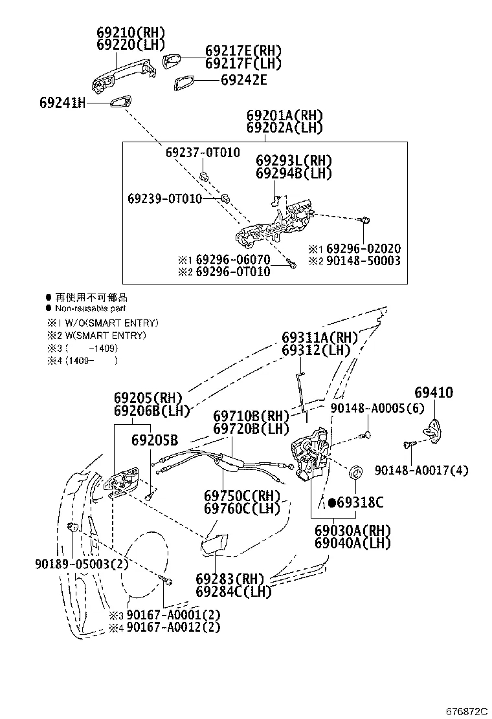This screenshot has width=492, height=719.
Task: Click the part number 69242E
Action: [x=243, y=80]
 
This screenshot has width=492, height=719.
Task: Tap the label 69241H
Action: [x=62, y=103]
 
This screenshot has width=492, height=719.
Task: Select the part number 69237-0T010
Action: [x=203, y=153]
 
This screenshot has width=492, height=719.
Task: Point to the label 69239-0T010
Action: [x=164, y=198]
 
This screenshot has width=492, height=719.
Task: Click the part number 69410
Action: [x=434, y=392]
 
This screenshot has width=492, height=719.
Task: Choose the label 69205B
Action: [x=154, y=440]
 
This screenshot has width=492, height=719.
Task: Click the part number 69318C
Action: [x=359, y=502]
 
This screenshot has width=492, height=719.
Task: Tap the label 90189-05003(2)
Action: [x=82, y=564]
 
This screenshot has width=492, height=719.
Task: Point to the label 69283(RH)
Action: [x=230, y=578]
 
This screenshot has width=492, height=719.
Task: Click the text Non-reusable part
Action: [x=90, y=308]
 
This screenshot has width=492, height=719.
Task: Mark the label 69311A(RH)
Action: [x=320, y=338]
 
